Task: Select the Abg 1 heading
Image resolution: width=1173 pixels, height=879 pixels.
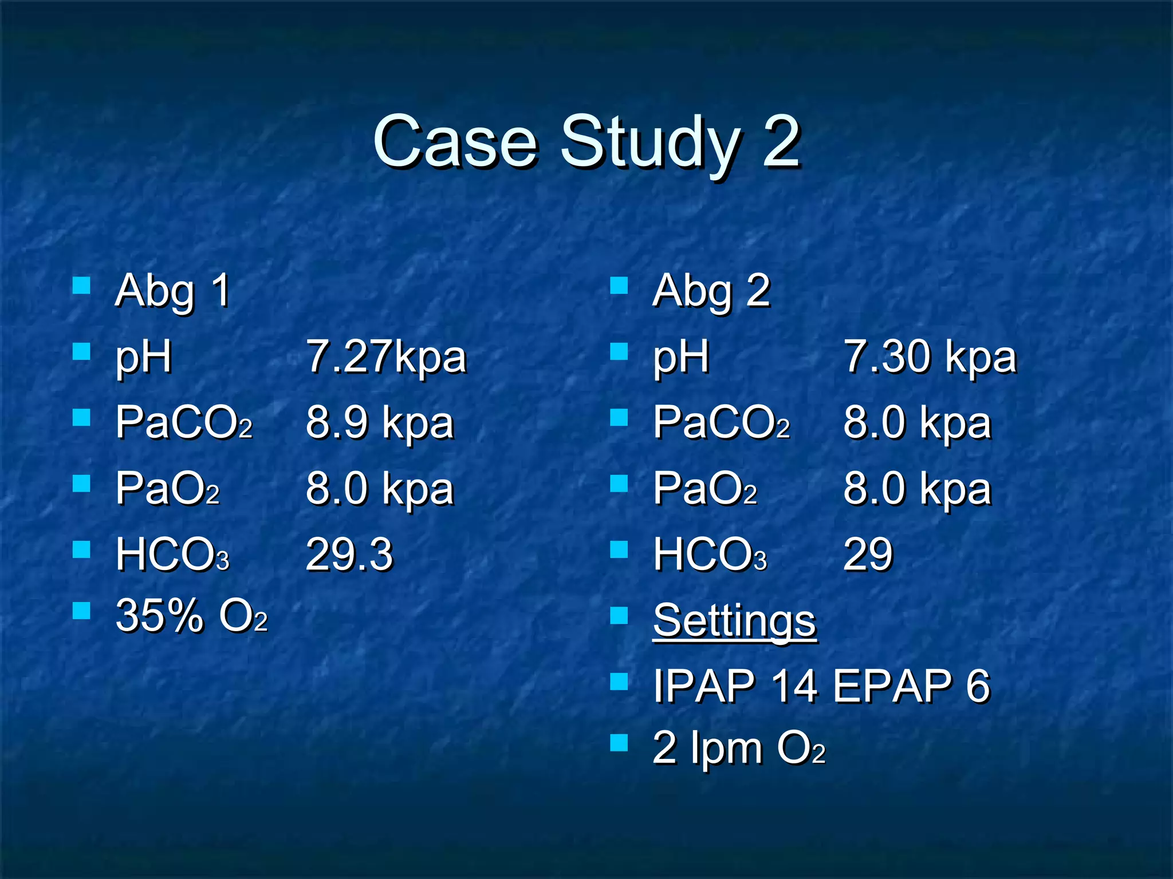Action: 172,291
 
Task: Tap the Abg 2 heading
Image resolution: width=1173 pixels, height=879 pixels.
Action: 711,291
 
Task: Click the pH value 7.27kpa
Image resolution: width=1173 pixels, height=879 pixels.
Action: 387,357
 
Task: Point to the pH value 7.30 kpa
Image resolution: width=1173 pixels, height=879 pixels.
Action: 930,357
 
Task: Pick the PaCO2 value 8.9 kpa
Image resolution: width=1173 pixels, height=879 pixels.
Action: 380,423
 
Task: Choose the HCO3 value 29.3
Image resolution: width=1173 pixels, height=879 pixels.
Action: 349,554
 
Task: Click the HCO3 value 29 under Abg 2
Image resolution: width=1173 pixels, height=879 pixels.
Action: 868,554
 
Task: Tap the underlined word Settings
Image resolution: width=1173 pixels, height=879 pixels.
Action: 734,620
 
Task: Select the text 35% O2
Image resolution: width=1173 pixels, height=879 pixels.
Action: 191,616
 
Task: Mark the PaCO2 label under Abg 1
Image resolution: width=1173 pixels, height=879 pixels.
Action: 184,423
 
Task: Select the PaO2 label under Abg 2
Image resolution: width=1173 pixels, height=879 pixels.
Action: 705,489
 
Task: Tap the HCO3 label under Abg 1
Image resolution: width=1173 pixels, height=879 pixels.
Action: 172,554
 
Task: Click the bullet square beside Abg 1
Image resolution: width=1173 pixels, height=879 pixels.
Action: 82,286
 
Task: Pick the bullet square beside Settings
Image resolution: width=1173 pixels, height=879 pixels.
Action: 619,616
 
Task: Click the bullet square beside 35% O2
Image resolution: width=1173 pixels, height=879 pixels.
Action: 82,611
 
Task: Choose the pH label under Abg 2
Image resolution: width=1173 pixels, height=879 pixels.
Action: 681,358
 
